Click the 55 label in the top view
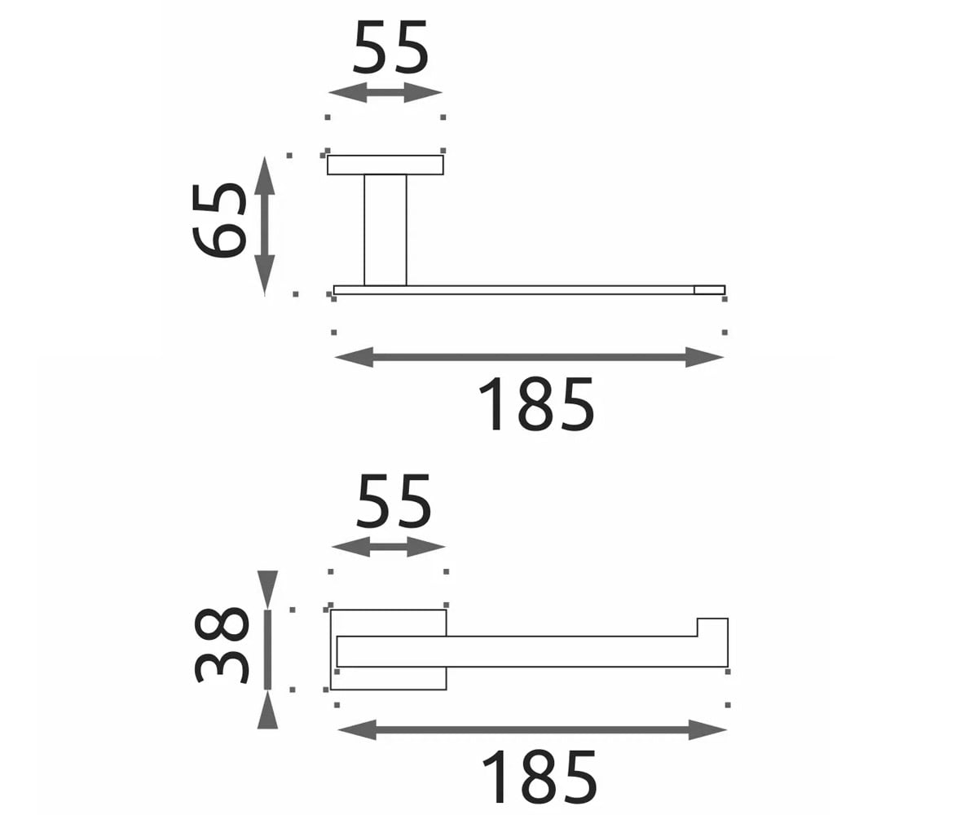tap(390, 47)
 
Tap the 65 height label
tap(219, 220)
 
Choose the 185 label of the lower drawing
tap(539, 776)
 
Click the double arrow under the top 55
tap(385, 92)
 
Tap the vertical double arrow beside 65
tap(265, 227)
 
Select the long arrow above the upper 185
tap(529, 358)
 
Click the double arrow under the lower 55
tap(388, 547)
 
